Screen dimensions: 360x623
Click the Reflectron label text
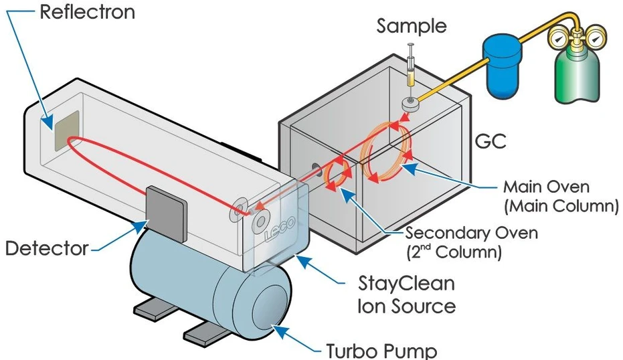coord(86,12)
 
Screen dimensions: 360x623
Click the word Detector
coord(47,249)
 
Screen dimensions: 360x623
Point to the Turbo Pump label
coord(381,350)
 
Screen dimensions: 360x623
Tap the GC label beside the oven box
coord(490,143)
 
